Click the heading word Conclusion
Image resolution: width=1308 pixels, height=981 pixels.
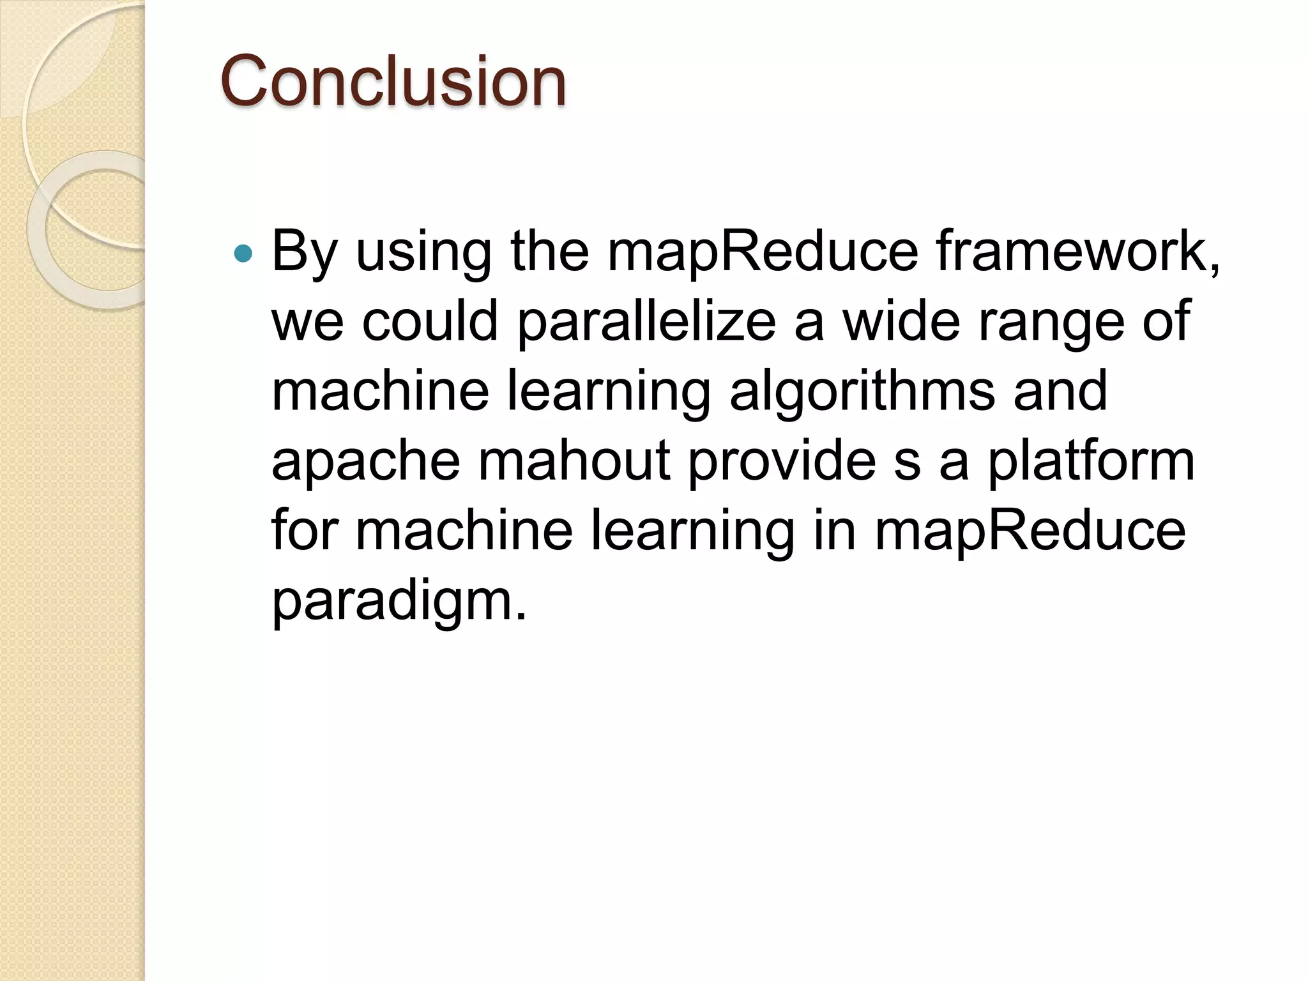click(x=393, y=82)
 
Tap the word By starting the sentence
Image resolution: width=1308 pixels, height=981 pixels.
click(x=304, y=252)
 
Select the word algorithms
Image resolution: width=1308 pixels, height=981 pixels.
click(x=862, y=392)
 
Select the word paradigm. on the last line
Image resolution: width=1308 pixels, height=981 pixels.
click(x=400, y=601)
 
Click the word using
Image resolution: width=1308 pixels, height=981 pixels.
click(x=423, y=252)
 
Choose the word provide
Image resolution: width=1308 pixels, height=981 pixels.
click(x=782, y=460)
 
